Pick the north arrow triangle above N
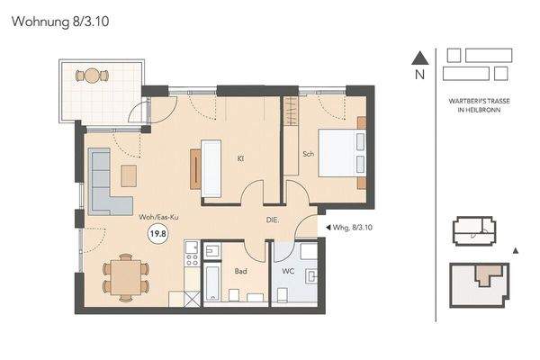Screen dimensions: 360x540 (x=418, y=58)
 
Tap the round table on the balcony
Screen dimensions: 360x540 (x=91, y=75)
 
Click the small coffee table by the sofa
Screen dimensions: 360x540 (x=130, y=174)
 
